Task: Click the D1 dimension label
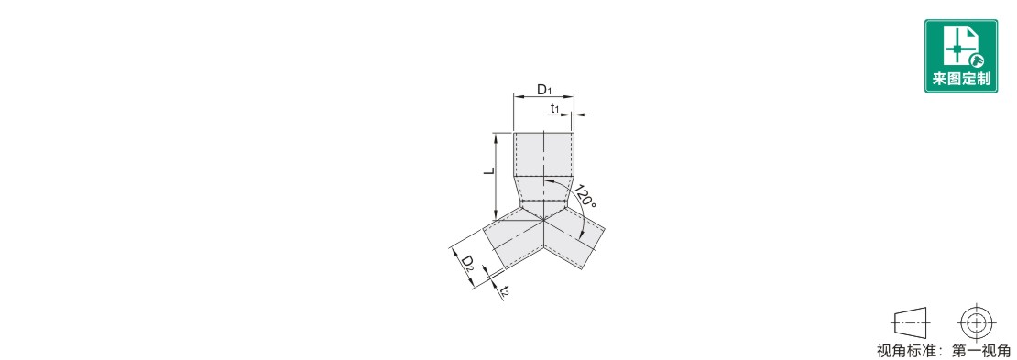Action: (x=543, y=90)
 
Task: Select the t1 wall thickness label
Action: (x=554, y=108)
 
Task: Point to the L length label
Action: (x=491, y=171)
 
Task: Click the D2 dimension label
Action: (x=467, y=263)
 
